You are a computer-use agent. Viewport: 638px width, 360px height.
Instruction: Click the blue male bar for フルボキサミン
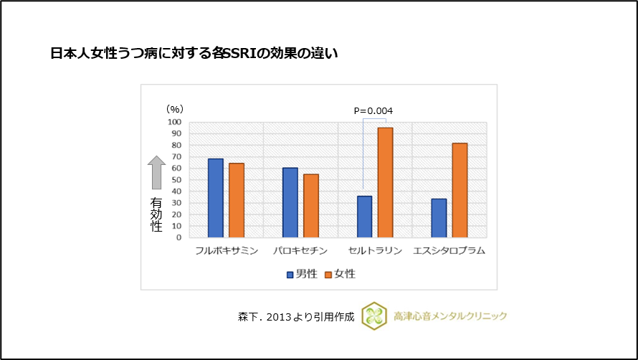[215, 198]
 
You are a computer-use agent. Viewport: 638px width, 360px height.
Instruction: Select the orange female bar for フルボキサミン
[237, 200]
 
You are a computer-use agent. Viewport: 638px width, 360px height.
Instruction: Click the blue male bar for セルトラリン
[364, 217]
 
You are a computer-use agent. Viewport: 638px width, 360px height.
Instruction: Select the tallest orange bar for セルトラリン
[386, 182]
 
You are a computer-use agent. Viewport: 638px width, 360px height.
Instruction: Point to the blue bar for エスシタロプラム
[439, 218]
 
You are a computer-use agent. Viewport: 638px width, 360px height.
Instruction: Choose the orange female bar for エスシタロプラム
[460, 190]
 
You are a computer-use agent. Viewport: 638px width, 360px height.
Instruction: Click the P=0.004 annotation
[373, 110]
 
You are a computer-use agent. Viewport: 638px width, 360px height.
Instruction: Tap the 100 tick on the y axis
[174, 122]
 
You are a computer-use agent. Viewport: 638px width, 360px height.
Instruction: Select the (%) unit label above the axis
[175, 109]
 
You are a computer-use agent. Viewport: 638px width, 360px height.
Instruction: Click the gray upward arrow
[156, 173]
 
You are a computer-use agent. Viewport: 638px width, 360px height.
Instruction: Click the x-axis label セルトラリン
[374, 251]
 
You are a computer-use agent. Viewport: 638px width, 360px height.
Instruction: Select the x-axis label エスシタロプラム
[449, 251]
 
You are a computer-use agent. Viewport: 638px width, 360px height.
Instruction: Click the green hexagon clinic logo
[374, 316]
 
